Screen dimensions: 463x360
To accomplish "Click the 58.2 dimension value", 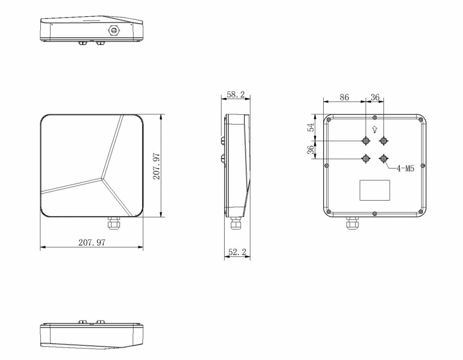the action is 236,94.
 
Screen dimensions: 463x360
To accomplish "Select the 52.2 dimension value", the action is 237,252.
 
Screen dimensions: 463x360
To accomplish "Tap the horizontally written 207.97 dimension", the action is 92,243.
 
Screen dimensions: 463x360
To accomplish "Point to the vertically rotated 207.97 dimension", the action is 156,166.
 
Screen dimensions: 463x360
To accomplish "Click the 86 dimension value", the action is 344,97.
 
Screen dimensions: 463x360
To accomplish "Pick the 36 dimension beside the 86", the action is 375,97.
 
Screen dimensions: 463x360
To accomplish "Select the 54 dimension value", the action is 311,127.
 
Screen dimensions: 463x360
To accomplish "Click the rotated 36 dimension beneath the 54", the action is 311,150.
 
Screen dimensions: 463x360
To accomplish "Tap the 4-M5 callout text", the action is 405,169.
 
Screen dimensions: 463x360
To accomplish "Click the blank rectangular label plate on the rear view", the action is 374,190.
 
